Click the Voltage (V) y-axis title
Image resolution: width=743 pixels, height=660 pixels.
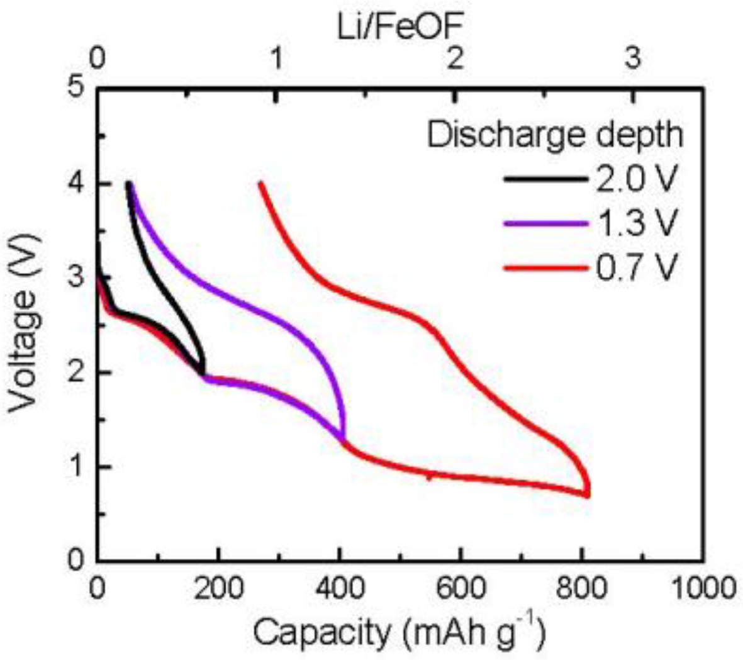pyautogui.click(x=25, y=324)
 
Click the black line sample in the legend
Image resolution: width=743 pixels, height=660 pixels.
pyautogui.click(x=544, y=180)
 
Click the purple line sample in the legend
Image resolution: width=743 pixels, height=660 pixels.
pyautogui.click(x=544, y=224)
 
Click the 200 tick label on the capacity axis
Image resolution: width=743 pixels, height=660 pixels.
pyautogui.click(x=218, y=590)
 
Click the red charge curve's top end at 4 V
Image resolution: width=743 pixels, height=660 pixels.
pyautogui.click(x=260, y=183)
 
